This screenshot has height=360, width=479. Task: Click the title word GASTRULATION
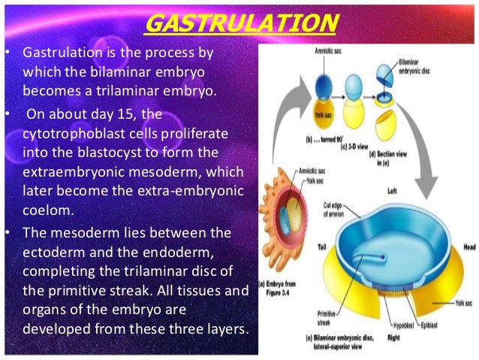click(239, 23)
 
